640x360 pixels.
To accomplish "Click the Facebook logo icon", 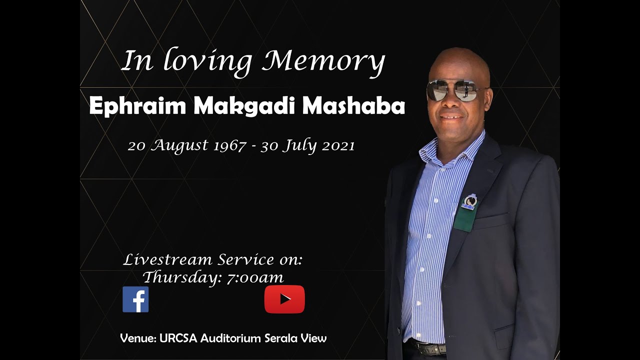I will tap(135, 299).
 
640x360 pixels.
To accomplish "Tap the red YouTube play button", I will tap(284, 299).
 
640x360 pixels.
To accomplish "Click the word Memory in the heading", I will tap(324, 62).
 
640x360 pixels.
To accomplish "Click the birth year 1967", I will tap(229, 145).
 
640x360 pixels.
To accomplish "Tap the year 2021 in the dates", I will tap(338, 145).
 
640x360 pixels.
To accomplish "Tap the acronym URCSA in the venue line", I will tap(179, 338).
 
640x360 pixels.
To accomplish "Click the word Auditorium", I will tap(230, 338).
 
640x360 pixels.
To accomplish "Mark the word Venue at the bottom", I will tap(137, 338).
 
